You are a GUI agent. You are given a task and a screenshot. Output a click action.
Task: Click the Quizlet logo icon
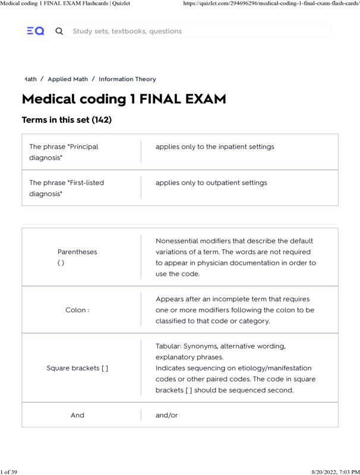36,31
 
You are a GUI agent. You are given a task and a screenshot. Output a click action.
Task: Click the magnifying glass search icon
59,31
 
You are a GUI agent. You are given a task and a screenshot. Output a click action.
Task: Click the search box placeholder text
127,31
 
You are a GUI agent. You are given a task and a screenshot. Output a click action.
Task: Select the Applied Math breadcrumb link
68,79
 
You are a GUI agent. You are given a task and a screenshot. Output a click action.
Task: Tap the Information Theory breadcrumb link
127,79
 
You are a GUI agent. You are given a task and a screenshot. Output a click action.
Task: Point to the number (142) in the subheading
102,120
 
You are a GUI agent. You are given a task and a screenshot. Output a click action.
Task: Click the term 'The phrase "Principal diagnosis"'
64,152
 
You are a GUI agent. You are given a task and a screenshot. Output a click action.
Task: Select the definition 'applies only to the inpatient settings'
214,147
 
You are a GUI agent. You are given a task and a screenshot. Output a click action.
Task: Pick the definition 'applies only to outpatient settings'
211,183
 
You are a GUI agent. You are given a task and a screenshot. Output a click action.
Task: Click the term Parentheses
77,252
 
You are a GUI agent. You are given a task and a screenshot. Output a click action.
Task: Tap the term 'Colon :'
77,310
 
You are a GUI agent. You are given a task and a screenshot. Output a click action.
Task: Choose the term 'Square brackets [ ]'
77,368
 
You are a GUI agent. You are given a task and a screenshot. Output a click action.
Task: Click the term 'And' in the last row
77,415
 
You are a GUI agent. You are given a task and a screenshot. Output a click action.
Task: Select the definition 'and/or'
166,415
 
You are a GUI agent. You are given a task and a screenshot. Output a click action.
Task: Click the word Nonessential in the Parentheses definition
177,241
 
